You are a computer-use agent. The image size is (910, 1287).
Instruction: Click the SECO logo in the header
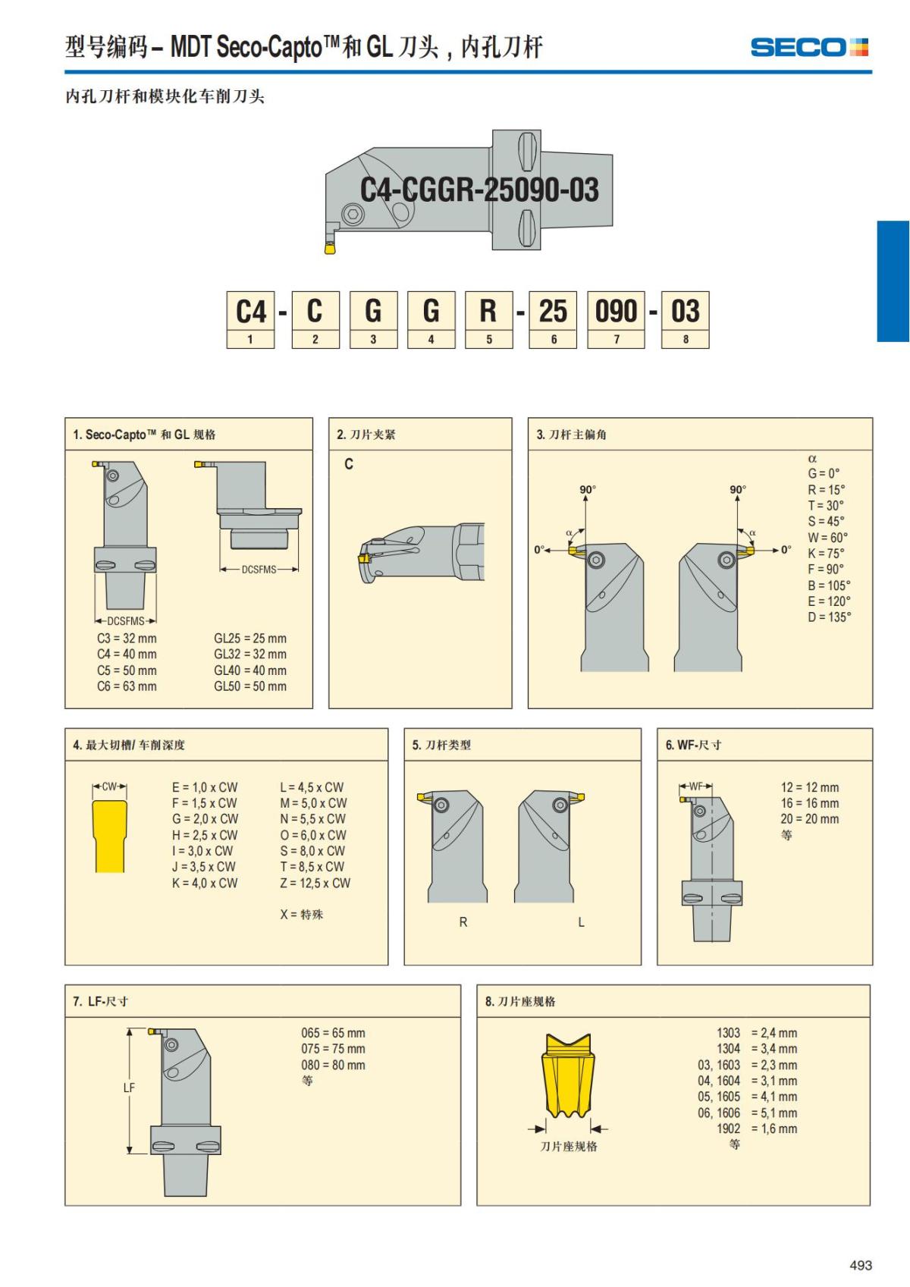pyautogui.click(x=809, y=47)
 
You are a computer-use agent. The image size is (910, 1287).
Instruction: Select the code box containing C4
pyautogui.click(x=250, y=319)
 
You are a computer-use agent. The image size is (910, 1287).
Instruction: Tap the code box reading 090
pyautogui.click(x=616, y=319)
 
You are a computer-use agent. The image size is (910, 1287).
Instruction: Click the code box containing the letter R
pyautogui.click(x=488, y=319)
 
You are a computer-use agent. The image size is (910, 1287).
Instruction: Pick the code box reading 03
pyautogui.click(x=686, y=319)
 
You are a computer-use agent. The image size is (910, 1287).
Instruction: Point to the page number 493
pyautogui.click(x=861, y=1265)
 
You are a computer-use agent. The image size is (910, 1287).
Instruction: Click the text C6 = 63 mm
pyautogui.click(x=127, y=686)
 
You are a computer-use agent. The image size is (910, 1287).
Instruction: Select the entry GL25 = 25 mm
pyautogui.click(x=250, y=639)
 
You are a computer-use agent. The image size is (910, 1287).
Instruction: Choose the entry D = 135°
pyautogui.click(x=829, y=617)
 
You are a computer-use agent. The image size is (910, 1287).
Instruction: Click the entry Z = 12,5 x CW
pyautogui.click(x=315, y=883)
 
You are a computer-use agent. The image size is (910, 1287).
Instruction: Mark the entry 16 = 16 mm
pyautogui.click(x=809, y=803)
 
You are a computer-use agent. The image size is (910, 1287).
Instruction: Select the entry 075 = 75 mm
pyautogui.click(x=333, y=1049)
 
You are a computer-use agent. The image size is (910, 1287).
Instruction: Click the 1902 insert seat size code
pyautogui.click(x=728, y=1129)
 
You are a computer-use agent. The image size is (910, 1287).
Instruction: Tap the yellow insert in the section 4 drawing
pyautogui.click(x=109, y=837)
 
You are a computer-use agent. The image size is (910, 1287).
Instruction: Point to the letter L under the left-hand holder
pyautogui.click(x=582, y=922)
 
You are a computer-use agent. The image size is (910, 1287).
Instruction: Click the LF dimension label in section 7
pyautogui.click(x=129, y=1088)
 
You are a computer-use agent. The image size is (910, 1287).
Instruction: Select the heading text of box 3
pyautogui.click(x=571, y=435)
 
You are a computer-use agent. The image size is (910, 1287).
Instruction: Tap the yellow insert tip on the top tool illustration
pyautogui.click(x=330, y=248)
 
